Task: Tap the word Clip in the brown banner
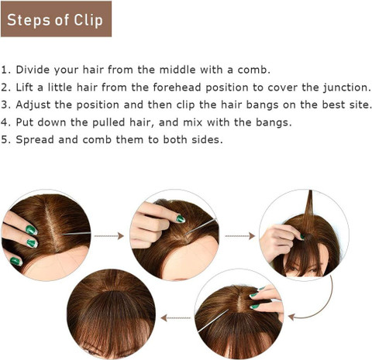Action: coord(88,20)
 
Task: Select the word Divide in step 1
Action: coord(33,70)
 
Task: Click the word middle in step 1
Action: coord(177,70)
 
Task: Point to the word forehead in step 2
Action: coord(177,87)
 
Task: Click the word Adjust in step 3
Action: coord(33,105)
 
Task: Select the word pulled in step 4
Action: coord(108,122)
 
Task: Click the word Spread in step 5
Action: coord(35,139)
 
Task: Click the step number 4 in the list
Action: coord(5,122)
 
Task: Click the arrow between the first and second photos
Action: coord(108,236)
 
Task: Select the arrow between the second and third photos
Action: coord(240,236)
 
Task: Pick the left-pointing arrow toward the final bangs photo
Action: coord(176,317)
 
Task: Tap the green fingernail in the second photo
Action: coord(181,219)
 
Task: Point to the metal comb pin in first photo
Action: coord(76,234)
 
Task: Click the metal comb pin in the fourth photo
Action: coord(213,321)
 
